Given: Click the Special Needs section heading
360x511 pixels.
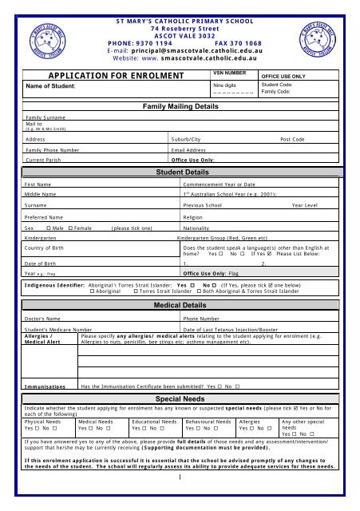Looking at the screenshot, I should tap(180, 397).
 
